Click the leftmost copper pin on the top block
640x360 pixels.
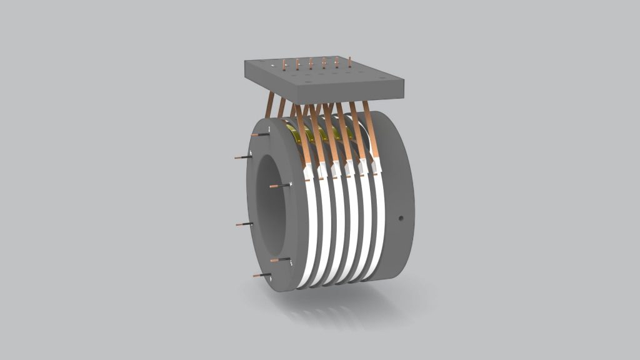click(284, 64)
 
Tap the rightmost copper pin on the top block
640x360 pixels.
click(349, 61)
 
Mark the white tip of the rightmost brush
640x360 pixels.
click(376, 165)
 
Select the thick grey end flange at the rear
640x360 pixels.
click(394, 200)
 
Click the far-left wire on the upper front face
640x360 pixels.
click(242, 157)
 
